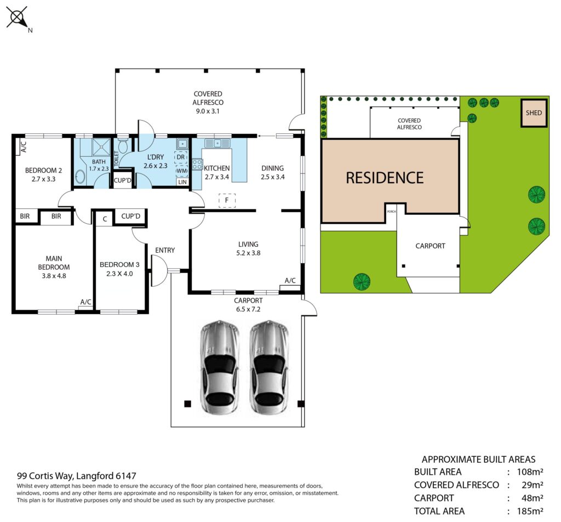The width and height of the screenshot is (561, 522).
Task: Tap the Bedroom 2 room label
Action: click(x=43, y=171)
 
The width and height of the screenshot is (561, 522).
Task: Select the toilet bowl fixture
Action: click(x=123, y=146)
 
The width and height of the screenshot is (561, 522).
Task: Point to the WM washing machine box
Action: click(x=182, y=171)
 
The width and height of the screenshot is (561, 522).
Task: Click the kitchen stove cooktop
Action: click(x=197, y=164)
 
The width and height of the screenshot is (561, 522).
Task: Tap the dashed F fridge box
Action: click(x=227, y=201)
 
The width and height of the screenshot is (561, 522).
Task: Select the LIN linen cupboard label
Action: click(x=182, y=182)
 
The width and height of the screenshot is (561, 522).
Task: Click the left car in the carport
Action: click(x=219, y=367)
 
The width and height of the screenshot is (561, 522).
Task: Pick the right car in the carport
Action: click(x=269, y=367)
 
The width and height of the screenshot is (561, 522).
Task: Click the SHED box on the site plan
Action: click(x=534, y=113)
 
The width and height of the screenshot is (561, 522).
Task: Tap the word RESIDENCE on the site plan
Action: click(x=385, y=178)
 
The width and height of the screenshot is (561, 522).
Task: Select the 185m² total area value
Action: click(x=530, y=511)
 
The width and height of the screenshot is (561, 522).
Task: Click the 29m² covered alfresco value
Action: click(x=533, y=485)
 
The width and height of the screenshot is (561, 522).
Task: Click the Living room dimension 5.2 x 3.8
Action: click(x=248, y=253)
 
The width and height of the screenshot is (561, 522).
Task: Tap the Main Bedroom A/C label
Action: click(x=86, y=302)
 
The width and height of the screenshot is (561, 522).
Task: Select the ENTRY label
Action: click(x=165, y=250)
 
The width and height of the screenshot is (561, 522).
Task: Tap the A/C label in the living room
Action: click(x=290, y=280)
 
